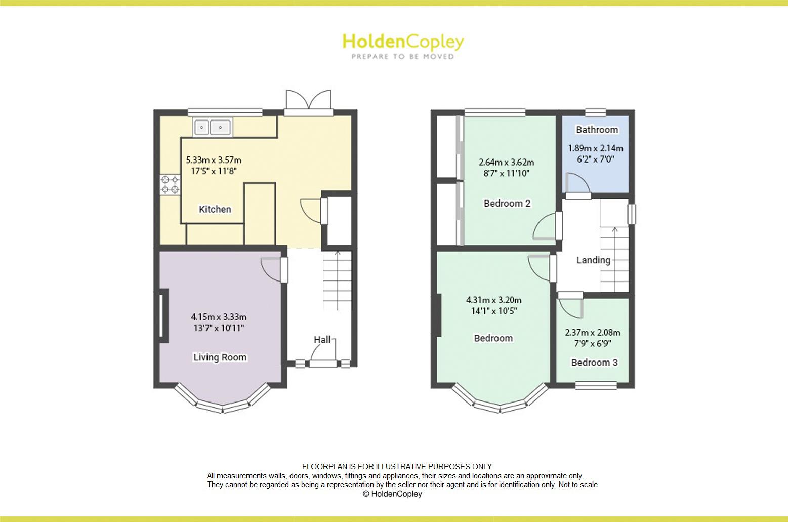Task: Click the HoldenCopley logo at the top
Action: [403, 42]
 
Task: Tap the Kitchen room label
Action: [215, 209]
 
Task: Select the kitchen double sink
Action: [212, 127]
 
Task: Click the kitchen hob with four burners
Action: [170, 184]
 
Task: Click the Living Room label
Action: [220, 357]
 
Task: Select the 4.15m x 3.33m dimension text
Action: [219, 317]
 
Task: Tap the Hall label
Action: [322, 340]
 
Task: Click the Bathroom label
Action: [597, 130]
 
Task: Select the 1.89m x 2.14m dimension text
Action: [595, 148]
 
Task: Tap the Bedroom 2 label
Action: [507, 204]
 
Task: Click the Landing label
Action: [593, 260]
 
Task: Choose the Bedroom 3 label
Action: [594, 363]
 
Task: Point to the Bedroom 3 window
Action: [596, 386]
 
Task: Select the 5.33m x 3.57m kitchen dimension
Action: [214, 160]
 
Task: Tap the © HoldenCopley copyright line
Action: [392, 494]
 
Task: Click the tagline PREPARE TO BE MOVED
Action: [403, 57]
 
